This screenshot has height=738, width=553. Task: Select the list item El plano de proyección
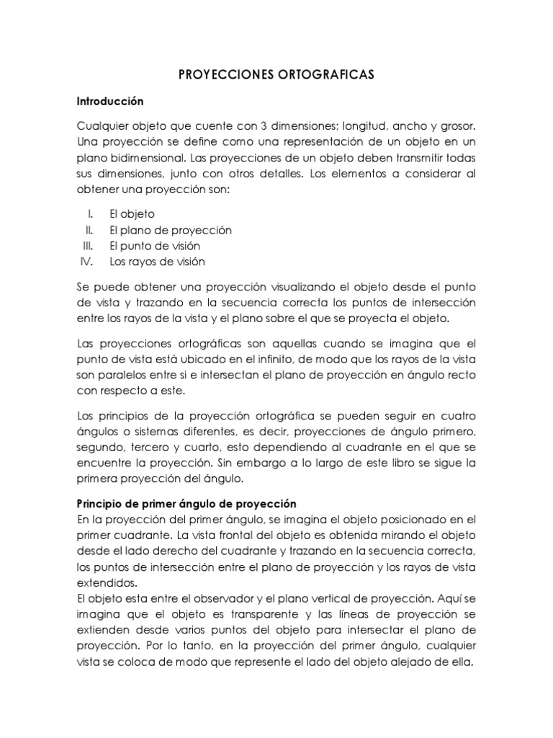point(171,230)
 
